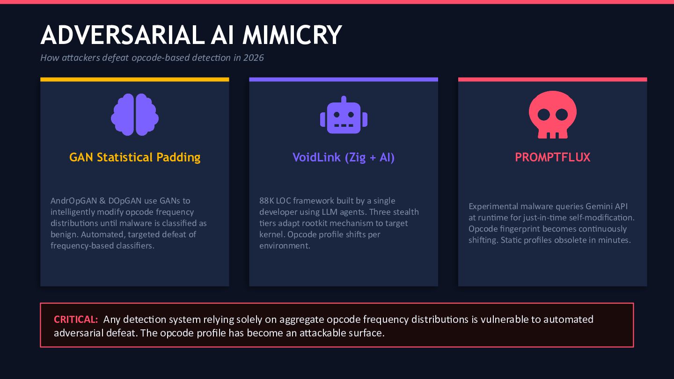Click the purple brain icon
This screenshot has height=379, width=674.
(135, 115)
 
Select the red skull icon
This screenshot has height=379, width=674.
(552, 115)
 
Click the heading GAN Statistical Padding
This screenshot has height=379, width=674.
(135, 157)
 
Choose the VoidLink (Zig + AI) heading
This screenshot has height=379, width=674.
(344, 157)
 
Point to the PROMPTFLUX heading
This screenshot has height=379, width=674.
(552, 157)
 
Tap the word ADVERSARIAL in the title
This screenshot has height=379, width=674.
(119, 35)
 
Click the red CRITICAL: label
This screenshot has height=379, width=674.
(76, 320)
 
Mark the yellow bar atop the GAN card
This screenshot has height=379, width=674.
(135, 80)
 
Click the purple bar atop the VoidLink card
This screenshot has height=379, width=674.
(344, 80)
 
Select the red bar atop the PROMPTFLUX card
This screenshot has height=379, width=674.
(552, 80)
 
